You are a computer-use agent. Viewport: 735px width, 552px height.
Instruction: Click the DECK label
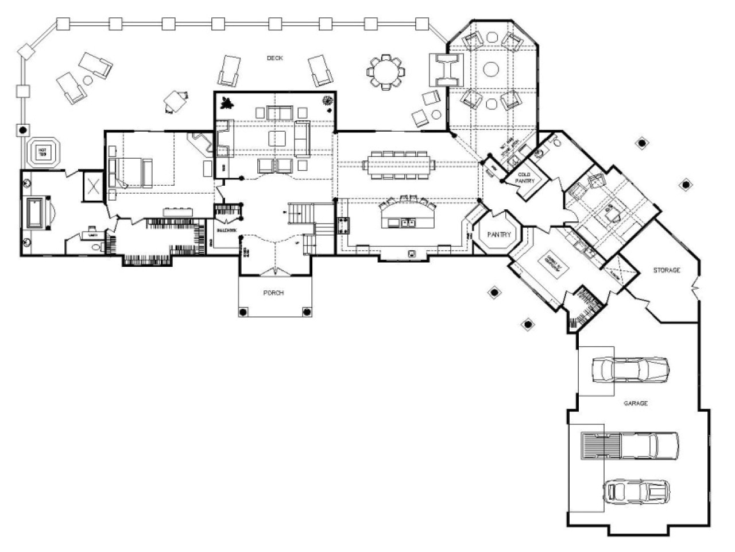[275, 58]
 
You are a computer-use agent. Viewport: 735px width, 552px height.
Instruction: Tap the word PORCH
[274, 293]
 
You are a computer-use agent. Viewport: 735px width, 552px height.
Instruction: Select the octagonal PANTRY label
[498, 235]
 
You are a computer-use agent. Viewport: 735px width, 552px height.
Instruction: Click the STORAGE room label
[666, 270]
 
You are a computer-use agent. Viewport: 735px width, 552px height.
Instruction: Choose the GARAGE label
[636, 403]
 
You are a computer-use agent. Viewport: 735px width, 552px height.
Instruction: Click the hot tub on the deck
[42, 152]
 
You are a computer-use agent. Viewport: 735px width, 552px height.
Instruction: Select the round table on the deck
[385, 71]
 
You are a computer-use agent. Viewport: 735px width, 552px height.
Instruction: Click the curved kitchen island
[405, 215]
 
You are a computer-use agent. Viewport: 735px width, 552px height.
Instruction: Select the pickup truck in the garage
[629, 446]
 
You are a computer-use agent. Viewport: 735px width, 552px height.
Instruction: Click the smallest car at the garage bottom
[635, 491]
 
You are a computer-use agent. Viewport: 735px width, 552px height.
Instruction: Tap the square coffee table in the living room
[277, 139]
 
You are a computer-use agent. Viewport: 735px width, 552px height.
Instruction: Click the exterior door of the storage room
[696, 286]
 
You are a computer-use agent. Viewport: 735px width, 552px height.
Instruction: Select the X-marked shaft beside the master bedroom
[92, 185]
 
